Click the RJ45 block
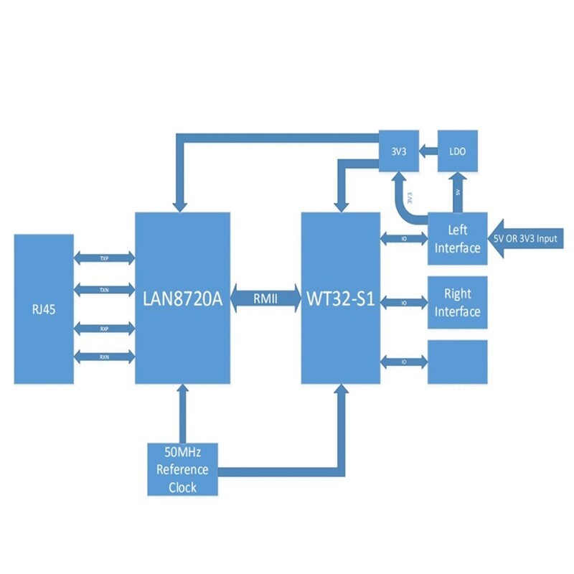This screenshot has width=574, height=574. coord(43,309)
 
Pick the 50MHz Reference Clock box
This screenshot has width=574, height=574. coord(182,470)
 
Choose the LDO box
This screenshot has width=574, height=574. coord(457,150)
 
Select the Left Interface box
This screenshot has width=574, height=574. coord(457,239)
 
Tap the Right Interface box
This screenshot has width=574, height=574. coord(457,302)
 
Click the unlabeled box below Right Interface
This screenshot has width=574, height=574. coord(457,362)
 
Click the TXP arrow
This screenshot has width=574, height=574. coord(104,257)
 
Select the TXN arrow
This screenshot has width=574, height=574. coord(104,289)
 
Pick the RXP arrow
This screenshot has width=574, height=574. coord(104,328)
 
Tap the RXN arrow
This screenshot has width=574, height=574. coord(104,357)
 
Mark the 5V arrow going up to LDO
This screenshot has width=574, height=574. coord(457,192)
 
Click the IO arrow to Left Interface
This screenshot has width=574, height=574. coord(404,237)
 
